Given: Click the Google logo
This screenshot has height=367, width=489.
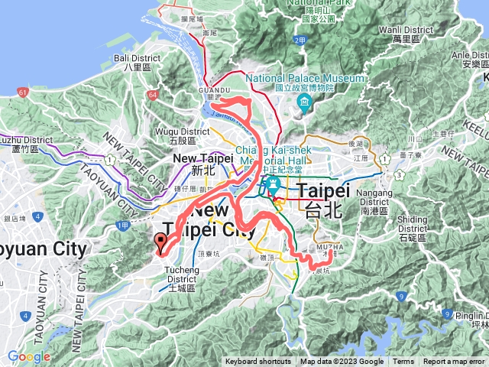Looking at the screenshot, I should click(x=29, y=357).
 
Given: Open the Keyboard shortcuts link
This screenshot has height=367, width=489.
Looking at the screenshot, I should click(x=257, y=362).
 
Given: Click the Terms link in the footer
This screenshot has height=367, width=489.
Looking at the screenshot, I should click(x=403, y=362).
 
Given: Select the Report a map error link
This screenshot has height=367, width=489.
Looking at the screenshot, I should click(x=455, y=362).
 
